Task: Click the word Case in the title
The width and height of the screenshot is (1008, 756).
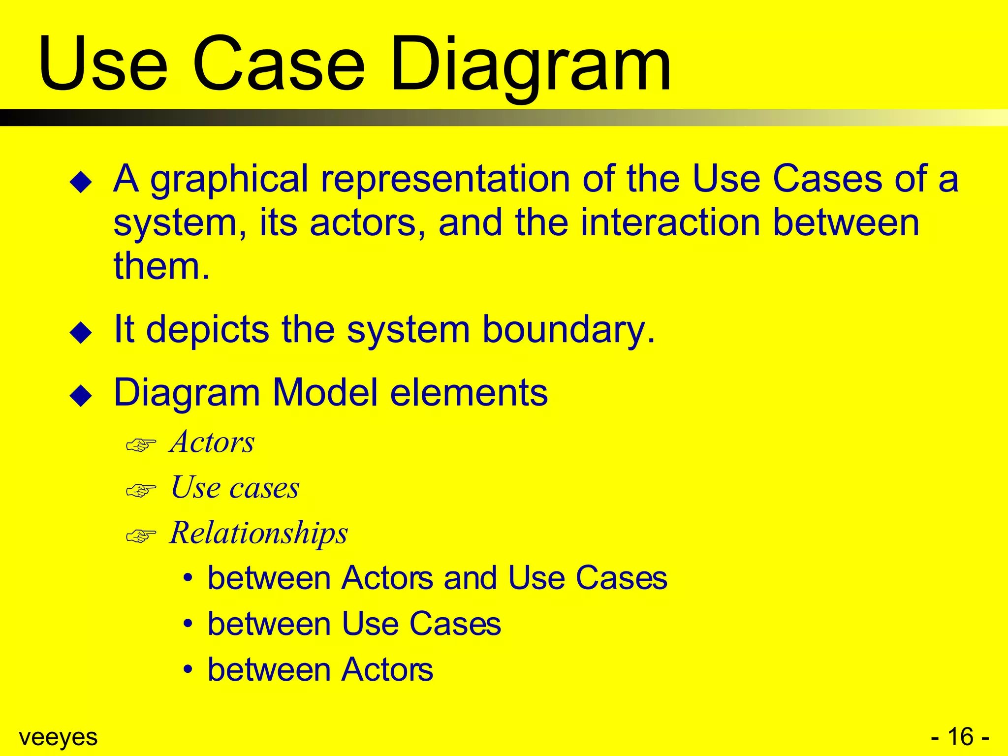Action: (x=279, y=64)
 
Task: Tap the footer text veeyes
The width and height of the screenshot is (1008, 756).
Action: (x=58, y=737)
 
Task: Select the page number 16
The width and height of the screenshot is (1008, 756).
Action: (x=960, y=737)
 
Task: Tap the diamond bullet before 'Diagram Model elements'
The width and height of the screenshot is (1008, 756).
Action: (x=81, y=396)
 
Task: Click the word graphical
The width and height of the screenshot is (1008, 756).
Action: (x=229, y=180)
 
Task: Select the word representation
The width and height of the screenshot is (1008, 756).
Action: (x=445, y=180)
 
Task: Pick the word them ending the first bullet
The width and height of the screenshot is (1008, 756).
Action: (x=156, y=266)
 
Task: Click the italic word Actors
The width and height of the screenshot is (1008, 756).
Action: (x=212, y=441)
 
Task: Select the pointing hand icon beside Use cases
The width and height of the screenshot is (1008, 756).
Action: (x=141, y=490)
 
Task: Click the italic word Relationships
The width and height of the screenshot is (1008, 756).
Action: (x=258, y=533)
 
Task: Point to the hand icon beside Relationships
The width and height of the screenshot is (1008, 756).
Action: (x=141, y=535)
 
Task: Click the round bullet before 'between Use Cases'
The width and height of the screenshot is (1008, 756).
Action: (x=188, y=624)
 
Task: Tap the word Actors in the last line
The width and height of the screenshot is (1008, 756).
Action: (x=387, y=669)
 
